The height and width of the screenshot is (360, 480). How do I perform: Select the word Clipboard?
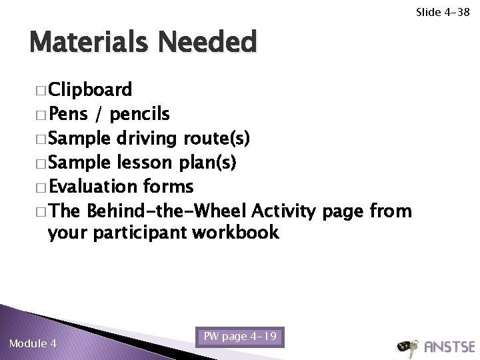pos(90,90)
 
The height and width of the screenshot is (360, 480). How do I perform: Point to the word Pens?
pos(71,114)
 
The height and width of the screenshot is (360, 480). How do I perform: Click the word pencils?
pos(140,115)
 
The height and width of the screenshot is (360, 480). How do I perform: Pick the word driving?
pos(146,139)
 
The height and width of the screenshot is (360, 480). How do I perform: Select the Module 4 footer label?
pos(33,344)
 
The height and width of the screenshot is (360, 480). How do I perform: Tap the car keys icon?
pos(407,346)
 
